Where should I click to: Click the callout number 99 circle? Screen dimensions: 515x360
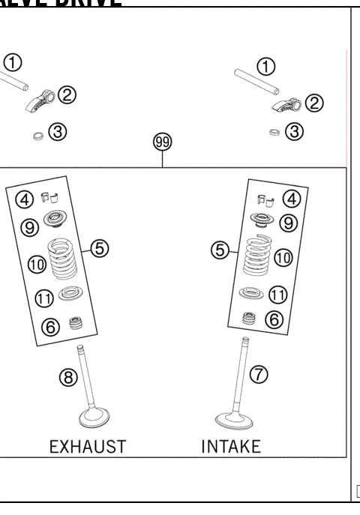tap(161, 142)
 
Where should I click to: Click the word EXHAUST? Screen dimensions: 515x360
tap(87, 448)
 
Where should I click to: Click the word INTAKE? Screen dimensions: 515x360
tap(231, 448)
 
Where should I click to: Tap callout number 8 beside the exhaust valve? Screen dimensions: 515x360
tap(68, 378)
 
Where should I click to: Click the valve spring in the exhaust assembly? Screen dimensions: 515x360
tap(64, 256)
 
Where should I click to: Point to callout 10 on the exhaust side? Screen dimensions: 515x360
tap(37, 263)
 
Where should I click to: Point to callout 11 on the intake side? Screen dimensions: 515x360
tap(278, 294)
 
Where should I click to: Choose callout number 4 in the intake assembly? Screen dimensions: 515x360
tap(291, 199)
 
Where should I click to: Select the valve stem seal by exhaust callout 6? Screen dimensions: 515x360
tap(74, 324)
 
